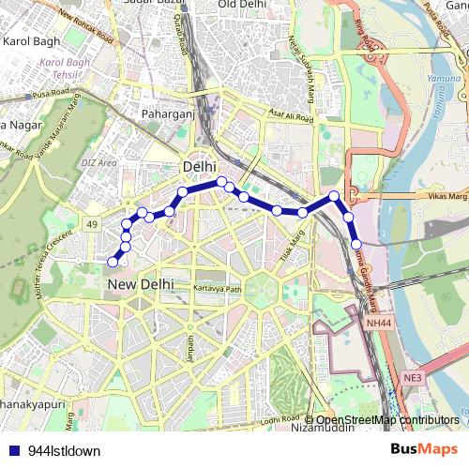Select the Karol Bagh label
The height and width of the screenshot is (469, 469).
pyautogui.click(x=32, y=42)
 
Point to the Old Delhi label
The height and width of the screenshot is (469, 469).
pyautogui.click(x=243, y=5)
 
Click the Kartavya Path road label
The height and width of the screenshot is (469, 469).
pyautogui.click(x=218, y=289)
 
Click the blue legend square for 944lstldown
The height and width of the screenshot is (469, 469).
pyautogui.click(x=15, y=450)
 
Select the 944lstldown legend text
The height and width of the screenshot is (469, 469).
pyautogui.click(x=64, y=450)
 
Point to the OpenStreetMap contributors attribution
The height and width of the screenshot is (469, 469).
pyautogui.click(x=387, y=420)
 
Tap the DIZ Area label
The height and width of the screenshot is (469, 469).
pyautogui.click(x=98, y=162)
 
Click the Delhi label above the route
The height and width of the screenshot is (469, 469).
pyautogui.click(x=198, y=166)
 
